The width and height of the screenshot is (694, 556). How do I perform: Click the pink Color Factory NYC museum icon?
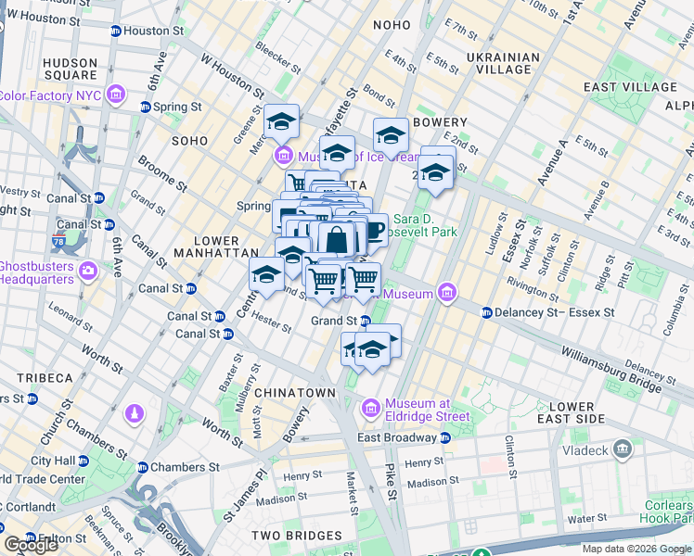pyautogui.click(x=116, y=95)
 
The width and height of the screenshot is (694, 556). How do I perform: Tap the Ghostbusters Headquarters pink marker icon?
pyautogui.click(x=89, y=272)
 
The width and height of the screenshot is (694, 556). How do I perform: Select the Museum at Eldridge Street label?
pyautogui.click(x=418, y=409)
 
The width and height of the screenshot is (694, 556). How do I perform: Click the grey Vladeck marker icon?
pyautogui.click(x=623, y=451)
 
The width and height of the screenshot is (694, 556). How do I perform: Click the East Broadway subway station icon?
pyautogui.click(x=445, y=437)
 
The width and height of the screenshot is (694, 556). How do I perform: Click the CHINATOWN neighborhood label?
pyautogui.click(x=294, y=393)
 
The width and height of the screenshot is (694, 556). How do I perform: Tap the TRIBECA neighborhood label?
pyautogui.click(x=44, y=378)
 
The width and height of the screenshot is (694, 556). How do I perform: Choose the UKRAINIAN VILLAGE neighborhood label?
pyautogui.click(x=504, y=63)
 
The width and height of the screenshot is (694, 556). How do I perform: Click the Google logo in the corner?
pyautogui.click(x=32, y=545)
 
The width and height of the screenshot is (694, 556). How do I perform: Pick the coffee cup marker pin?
pyautogui.click(x=372, y=230)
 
